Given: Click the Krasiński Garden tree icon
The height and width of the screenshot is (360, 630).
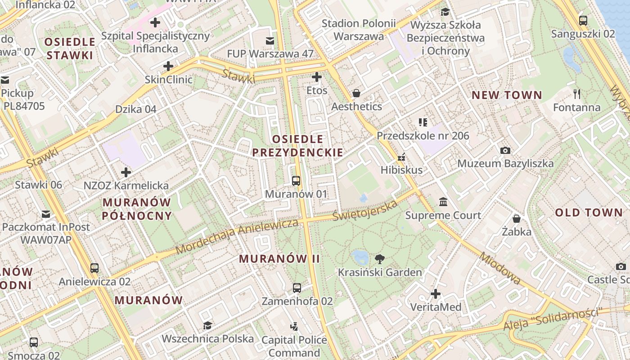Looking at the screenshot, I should pos(380,259).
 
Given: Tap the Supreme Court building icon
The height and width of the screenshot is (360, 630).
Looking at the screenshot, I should pos(443,202).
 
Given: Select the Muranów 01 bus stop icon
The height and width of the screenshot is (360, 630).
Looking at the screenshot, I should pos(296,181).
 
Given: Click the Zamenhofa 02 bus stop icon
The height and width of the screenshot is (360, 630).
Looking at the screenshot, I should pos(297,288).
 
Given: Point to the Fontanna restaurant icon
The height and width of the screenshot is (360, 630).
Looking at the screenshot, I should pos(577,94).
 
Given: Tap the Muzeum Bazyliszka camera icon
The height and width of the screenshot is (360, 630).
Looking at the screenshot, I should pos(505,150).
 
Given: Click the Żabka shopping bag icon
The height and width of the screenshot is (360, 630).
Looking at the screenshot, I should pos(517,219).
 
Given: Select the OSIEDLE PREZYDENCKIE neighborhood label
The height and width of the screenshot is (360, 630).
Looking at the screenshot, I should pos(297,146).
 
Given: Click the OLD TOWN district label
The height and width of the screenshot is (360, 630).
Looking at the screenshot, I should pos(589,213).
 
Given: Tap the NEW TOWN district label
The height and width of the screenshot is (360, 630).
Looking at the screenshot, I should pos(507,95).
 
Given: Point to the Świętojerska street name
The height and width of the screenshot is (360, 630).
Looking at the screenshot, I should pos(365,211).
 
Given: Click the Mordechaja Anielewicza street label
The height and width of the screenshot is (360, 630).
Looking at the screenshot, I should pos(237,236).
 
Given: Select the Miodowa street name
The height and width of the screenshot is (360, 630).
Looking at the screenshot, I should pos(500,268).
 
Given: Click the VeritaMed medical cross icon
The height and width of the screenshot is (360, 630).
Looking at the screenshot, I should pos(435,294).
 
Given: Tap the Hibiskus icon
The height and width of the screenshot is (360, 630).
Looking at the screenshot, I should pos(401,157).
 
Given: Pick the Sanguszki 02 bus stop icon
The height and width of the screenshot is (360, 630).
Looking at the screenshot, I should pos(583,20).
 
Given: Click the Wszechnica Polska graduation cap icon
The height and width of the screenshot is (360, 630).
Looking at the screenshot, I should pos(207,325).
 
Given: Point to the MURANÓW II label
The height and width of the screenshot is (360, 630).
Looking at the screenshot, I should pos(279,259).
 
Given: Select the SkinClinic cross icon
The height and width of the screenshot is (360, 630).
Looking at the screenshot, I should pos(168,66).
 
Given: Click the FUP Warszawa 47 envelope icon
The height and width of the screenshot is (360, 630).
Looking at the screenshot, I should pos(270,41).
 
